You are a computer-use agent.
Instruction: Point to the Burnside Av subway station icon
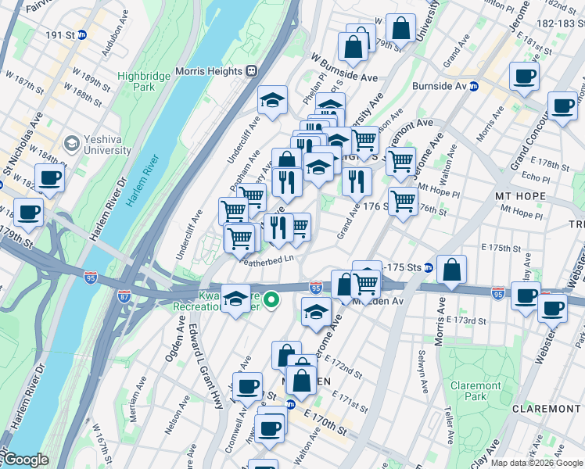(x=474, y=86)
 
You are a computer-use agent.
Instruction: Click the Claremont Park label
(x=476, y=392)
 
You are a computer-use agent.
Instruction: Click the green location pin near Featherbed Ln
(x=271, y=299)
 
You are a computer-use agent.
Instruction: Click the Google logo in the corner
(x=26, y=460)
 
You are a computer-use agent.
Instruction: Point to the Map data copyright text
(x=537, y=463)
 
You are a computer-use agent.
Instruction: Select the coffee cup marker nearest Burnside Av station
(x=524, y=77)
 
